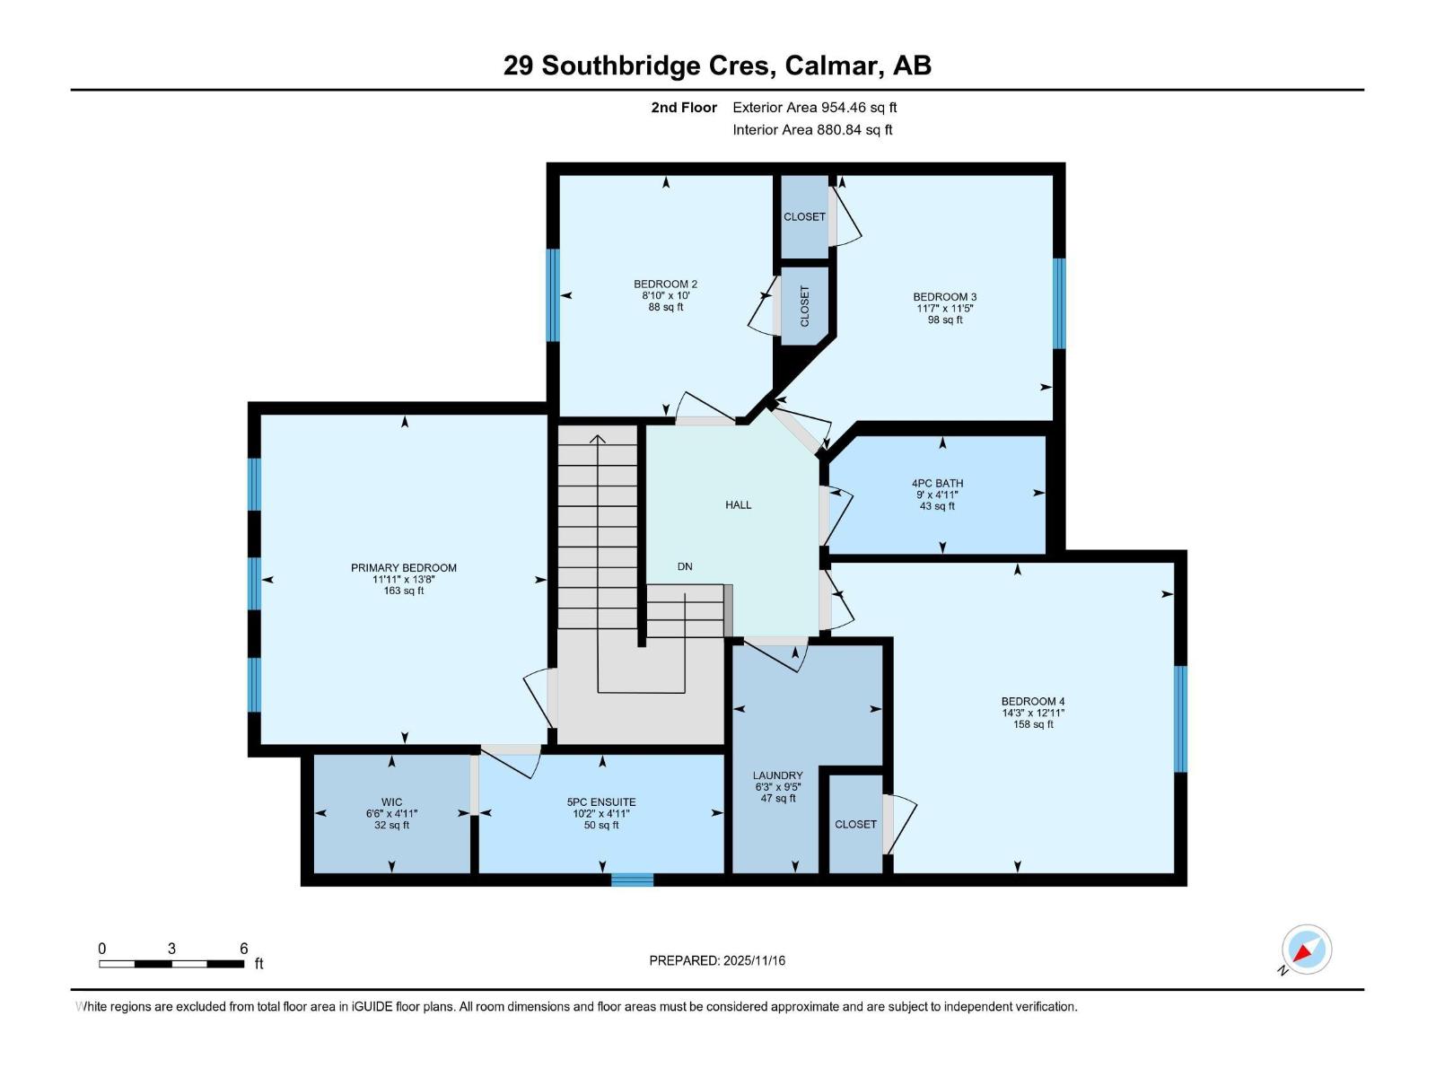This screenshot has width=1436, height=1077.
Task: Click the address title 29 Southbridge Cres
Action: tap(717, 66)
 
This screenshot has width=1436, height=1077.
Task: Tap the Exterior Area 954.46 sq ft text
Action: tap(814, 108)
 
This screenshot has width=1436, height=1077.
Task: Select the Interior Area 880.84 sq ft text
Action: tap(812, 130)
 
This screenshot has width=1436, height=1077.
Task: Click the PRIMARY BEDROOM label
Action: tap(403, 568)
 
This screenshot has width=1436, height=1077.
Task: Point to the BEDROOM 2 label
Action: tap(665, 285)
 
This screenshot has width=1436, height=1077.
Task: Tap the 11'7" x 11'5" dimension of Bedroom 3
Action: tap(944, 309)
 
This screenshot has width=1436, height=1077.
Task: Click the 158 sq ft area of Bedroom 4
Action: tap(1033, 724)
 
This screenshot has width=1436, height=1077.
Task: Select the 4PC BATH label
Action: tap(937, 483)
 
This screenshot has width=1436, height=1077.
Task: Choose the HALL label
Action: tap(738, 505)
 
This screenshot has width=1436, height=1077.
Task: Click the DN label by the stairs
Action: tap(685, 566)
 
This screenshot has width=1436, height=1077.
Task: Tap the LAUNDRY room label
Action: tap(777, 775)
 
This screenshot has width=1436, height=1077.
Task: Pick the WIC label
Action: tap(391, 802)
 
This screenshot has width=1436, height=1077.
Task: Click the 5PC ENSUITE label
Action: tap(600, 802)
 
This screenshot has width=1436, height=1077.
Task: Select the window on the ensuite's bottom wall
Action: tap(632, 880)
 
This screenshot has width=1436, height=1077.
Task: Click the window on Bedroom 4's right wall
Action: tap(1180, 719)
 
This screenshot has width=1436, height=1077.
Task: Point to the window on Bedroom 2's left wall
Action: tap(553, 294)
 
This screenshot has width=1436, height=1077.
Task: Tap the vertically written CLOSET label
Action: tap(804, 306)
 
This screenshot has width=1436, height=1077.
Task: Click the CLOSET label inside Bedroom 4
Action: tap(855, 824)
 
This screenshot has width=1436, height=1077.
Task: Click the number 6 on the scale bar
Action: tap(243, 949)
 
